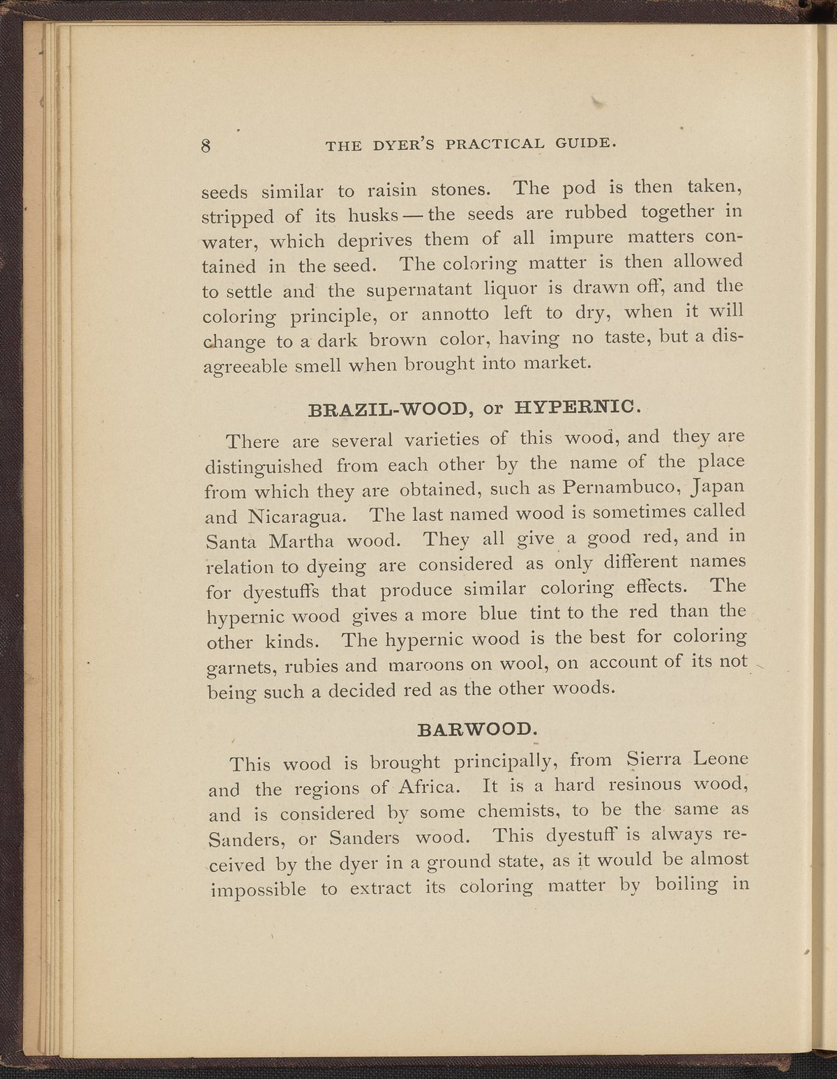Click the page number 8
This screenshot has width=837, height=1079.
(206, 146)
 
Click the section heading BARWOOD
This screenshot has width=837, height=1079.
(476, 730)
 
